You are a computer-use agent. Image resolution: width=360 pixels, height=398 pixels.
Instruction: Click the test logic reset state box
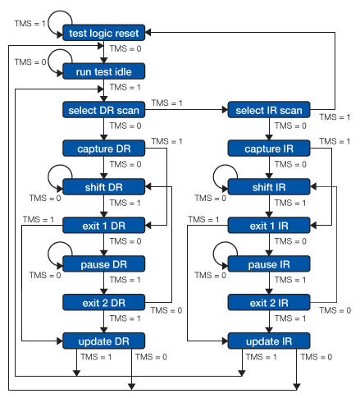click(x=104, y=33)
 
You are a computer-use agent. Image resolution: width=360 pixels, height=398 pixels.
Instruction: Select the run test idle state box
click(x=104, y=71)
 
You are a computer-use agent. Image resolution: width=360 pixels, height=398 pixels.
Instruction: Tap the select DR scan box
click(x=104, y=110)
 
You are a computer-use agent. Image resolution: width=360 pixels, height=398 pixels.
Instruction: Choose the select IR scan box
click(x=268, y=110)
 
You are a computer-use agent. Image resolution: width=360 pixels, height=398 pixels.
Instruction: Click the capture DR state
click(x=104, y=149)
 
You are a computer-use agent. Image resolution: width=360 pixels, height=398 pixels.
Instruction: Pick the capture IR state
click(x=268, y=149)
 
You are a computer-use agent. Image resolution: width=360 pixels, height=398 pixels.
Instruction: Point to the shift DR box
click(x=104, y=187)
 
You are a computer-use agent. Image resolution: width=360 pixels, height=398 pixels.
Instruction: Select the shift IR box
click(x=268, y=187)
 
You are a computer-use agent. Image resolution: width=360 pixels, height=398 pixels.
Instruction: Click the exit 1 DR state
click(x=104, y=225)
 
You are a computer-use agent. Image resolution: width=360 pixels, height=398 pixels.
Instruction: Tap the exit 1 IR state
click(x=268, y=225)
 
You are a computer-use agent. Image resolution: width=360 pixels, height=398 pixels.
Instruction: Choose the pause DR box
click(x=104, y=263)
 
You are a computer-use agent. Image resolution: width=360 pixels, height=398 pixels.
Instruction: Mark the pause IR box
click(x=268, y=263)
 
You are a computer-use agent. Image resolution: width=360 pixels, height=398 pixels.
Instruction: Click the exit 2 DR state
click(x=104, y=302)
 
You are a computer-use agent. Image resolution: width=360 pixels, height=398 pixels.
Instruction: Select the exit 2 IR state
click(x=268, y=302)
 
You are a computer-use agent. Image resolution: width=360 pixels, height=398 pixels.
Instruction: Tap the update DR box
click(x=104, y=341)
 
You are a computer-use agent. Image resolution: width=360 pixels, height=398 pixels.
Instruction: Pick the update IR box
click(x=268, y=341)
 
